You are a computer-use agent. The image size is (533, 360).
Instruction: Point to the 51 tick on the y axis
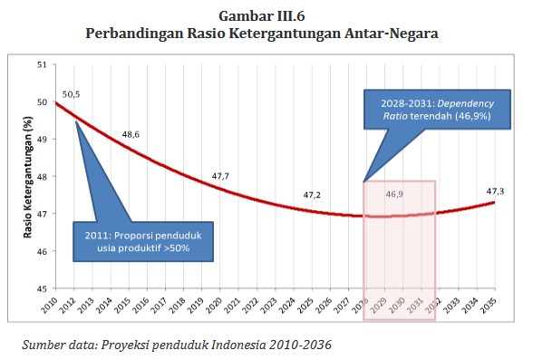42,64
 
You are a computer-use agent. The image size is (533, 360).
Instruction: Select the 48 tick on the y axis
42,177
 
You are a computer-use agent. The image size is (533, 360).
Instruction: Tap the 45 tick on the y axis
42,289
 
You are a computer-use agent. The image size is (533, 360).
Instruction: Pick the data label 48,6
131,134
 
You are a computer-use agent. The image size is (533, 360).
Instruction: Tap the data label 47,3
495,191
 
